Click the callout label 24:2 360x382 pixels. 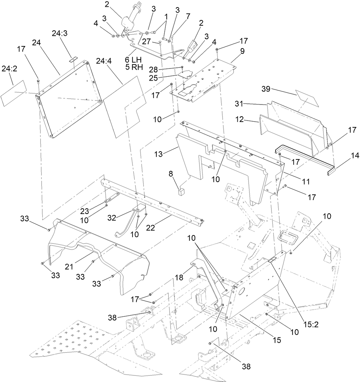[x=10, y=69]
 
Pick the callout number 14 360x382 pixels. [x=345, y=156]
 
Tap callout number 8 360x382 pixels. [x=171, y=174]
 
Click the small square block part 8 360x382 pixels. [x=182, y=193]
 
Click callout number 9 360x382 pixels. [x=242, y=51]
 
